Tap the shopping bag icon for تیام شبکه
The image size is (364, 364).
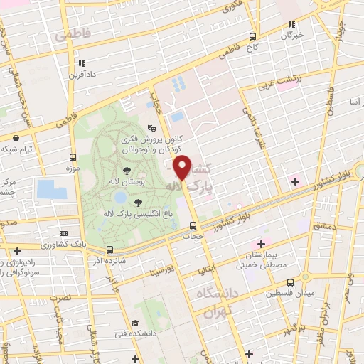16,137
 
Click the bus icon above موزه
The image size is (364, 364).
73,157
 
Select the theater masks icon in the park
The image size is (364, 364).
151,128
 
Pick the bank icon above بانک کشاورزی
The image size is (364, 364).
65,234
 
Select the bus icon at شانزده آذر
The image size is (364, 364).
109,250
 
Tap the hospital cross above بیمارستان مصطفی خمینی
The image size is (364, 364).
262,244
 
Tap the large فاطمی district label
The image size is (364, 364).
76,33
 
